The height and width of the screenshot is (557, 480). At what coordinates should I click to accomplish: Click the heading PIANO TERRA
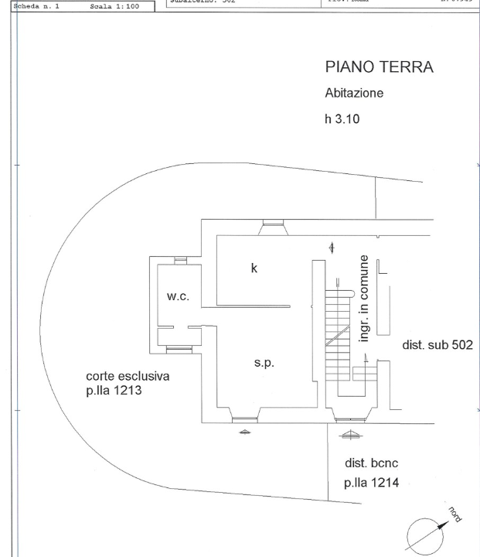coord(380,69)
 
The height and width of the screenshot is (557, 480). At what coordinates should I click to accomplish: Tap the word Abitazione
coord(354,94)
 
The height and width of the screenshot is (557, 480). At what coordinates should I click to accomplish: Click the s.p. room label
coord(264,362)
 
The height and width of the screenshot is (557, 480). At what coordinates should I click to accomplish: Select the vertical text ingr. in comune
coord(364,298)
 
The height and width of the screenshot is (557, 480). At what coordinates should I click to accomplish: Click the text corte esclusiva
coord(128,377)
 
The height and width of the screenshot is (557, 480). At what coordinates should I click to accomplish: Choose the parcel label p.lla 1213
coord(115,392)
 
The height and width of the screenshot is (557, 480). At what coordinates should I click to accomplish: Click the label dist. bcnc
coord(371,463)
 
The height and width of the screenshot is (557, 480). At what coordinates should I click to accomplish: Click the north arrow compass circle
coord(423,535)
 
